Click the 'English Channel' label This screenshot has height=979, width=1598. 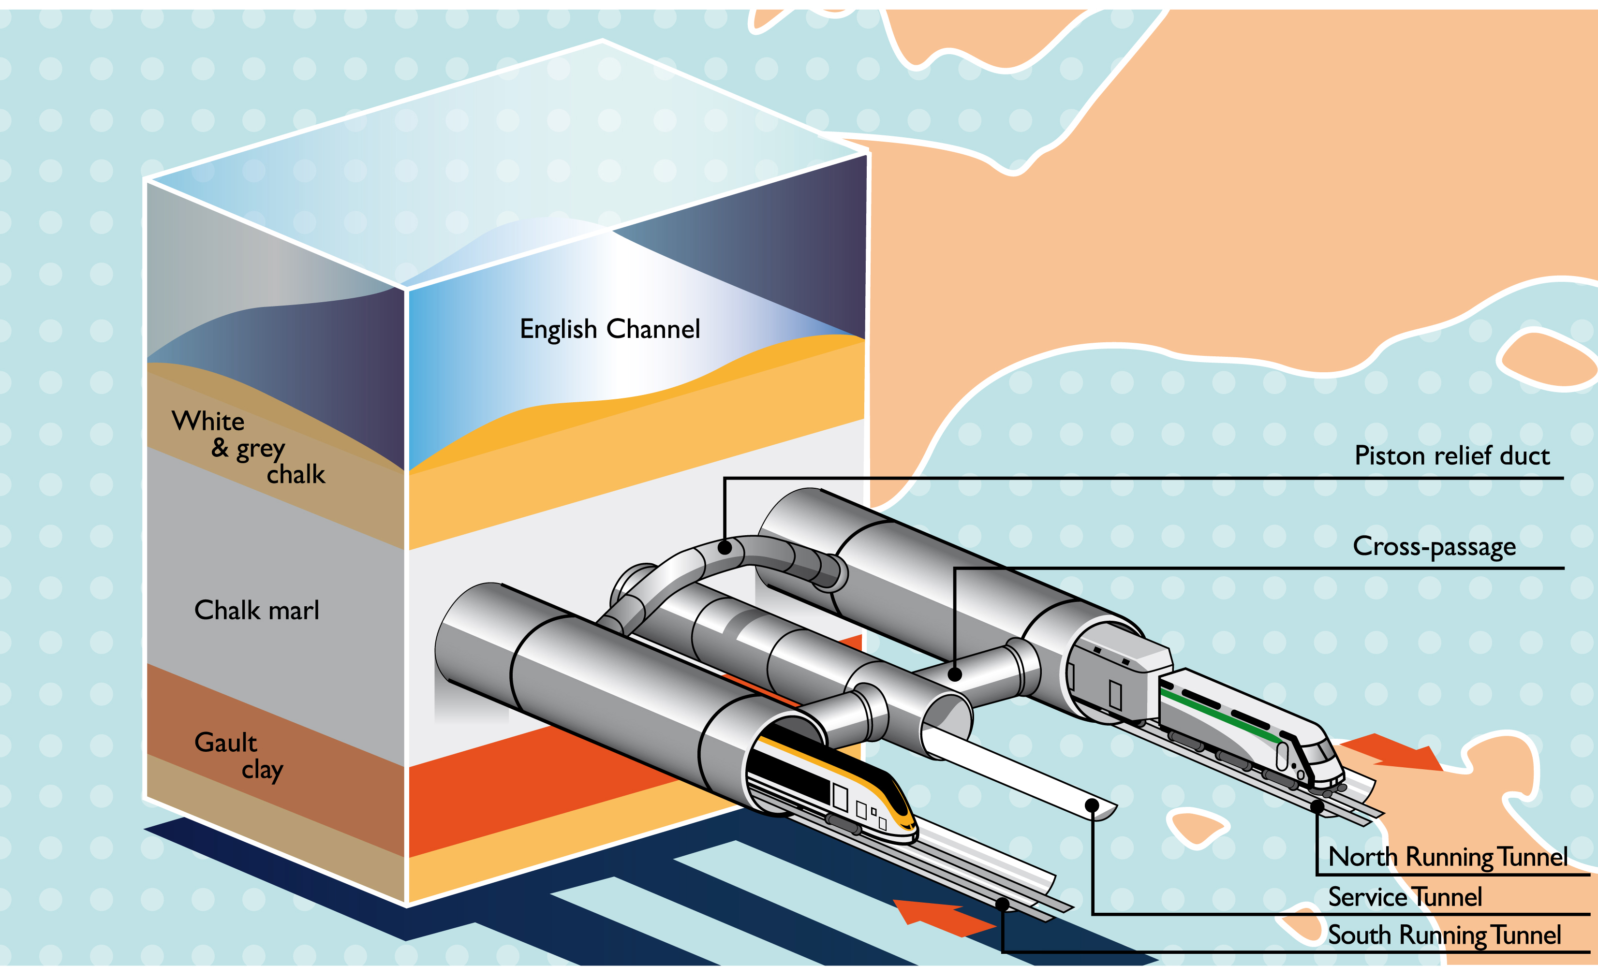coord(609,329)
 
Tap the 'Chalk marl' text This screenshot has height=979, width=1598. coord(257,611)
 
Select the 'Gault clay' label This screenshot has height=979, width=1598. coord(238,756)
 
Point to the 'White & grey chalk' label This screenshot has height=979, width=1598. coord(249,447)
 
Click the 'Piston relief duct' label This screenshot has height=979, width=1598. coord(1451,456)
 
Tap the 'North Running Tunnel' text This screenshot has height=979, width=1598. coord(1448,857)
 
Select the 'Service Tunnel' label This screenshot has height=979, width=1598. coord(1405,897)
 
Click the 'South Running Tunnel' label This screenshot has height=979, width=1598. coord(1444,935)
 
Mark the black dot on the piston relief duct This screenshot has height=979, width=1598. coord(725,548)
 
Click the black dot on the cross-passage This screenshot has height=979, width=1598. coord(955,674)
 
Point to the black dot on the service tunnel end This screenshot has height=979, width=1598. coord(1092,806)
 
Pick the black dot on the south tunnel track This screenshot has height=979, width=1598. coord(1003,904)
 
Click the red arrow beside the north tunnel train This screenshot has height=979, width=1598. coord(1394,752)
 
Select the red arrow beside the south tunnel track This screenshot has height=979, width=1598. coord(940,916)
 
